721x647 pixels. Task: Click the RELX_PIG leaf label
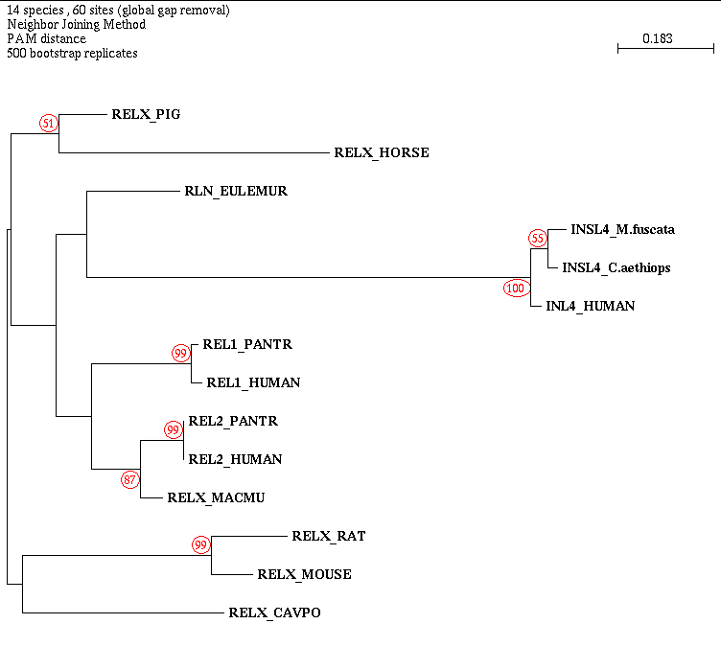146,114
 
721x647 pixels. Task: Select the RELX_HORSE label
381,152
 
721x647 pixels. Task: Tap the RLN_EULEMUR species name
235,191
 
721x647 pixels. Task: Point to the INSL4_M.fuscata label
622,229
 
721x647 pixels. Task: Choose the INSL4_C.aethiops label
616,267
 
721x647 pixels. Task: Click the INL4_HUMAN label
590,306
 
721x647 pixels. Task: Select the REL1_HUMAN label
253,382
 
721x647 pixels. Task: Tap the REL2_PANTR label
233,421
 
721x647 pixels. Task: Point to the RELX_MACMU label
215,497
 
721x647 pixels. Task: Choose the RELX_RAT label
328,536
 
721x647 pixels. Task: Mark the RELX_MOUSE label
304,574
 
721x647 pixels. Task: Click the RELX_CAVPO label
274,612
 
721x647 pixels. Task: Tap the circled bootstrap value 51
49,123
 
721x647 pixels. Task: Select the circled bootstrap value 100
516,287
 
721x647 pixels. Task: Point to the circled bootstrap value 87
130,478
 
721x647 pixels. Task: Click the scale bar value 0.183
658,38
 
